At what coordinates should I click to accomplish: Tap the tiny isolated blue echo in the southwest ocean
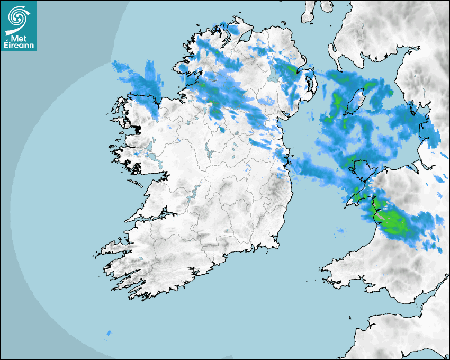(109, 333)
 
